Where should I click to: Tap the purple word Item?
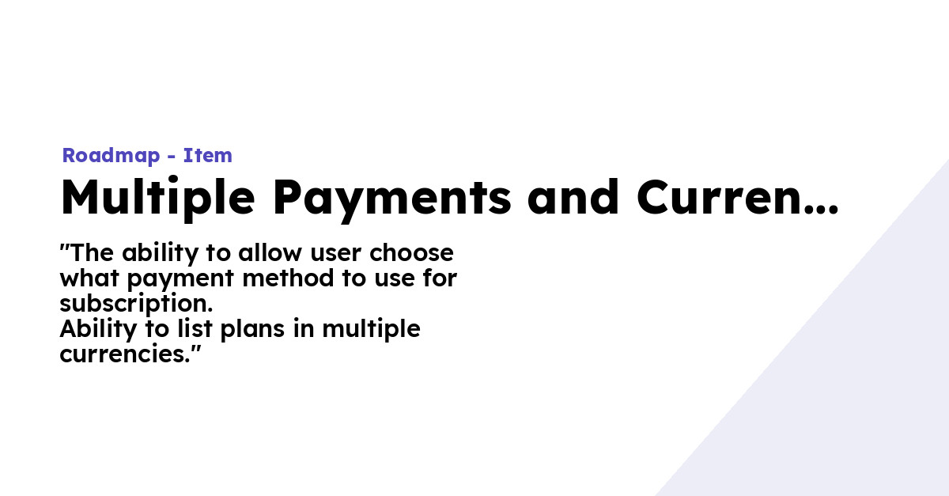(208, 156)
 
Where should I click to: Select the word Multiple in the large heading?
(155, 198)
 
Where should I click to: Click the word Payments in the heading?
(392, 198)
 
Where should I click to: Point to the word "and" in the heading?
(574, 198)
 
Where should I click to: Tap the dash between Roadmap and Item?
(171, 157)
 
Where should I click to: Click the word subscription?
(136, 304)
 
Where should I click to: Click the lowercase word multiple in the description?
(371, 329)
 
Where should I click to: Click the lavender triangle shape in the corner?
(854, 396)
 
